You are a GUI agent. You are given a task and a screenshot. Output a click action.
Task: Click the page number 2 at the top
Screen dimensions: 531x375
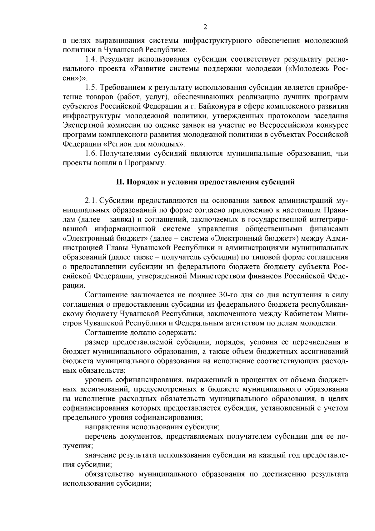click(x=205, y=27)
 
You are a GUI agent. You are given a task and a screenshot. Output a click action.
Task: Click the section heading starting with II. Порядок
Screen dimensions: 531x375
click(x=205, y=182)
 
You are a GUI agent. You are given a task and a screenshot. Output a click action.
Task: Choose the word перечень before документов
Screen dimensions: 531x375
click(x=99, y=436)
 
